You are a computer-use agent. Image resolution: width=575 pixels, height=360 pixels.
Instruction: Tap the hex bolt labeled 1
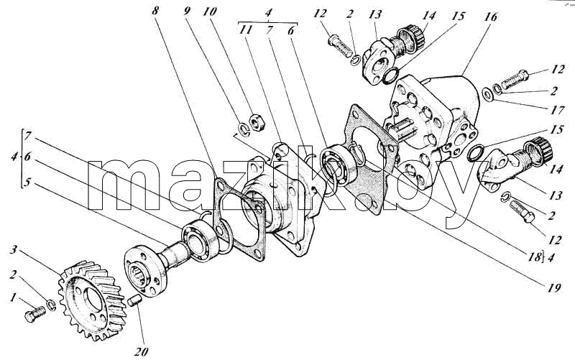35,314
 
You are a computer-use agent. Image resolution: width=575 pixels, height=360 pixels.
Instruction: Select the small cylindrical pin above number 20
134,301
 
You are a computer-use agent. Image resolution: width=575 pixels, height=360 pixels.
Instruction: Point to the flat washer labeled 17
488,94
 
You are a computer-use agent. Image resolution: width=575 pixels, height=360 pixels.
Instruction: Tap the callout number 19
553,288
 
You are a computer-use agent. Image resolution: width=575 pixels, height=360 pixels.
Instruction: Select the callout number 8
155,10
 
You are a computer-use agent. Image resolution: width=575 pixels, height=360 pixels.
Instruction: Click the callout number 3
13,250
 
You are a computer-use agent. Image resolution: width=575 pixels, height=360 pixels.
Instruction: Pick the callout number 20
141,352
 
